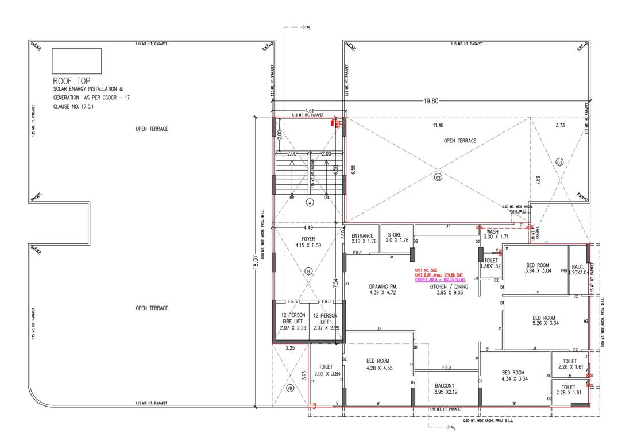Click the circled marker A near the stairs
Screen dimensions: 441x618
[x=309, y=203]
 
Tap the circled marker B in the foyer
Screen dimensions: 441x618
[x=309, y=271]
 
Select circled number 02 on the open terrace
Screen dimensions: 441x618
[x=438, y=178]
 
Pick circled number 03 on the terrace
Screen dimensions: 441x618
[x=560, y=162]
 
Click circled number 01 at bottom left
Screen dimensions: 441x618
[x=291, y=388]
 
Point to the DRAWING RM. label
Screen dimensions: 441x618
[x=384, y=289]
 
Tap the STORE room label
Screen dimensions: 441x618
[x=394, y=238]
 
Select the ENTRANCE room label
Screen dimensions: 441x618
[x=363, y=238]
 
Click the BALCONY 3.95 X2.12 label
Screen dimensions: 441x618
[x=446, y=389]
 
